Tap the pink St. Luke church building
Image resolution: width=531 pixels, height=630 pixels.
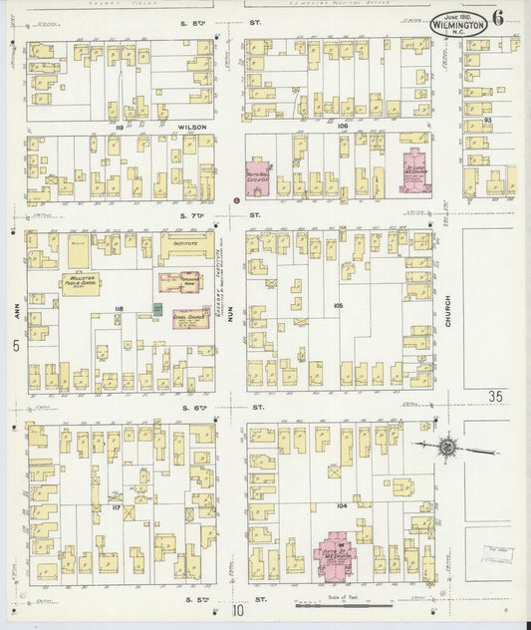414,169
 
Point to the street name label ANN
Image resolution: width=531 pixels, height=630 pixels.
16,311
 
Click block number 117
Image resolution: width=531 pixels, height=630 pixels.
117,507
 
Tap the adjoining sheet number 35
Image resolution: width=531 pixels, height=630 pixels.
495,396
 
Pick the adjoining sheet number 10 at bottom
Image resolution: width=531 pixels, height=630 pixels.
239,610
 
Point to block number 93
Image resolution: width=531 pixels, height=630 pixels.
487,120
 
